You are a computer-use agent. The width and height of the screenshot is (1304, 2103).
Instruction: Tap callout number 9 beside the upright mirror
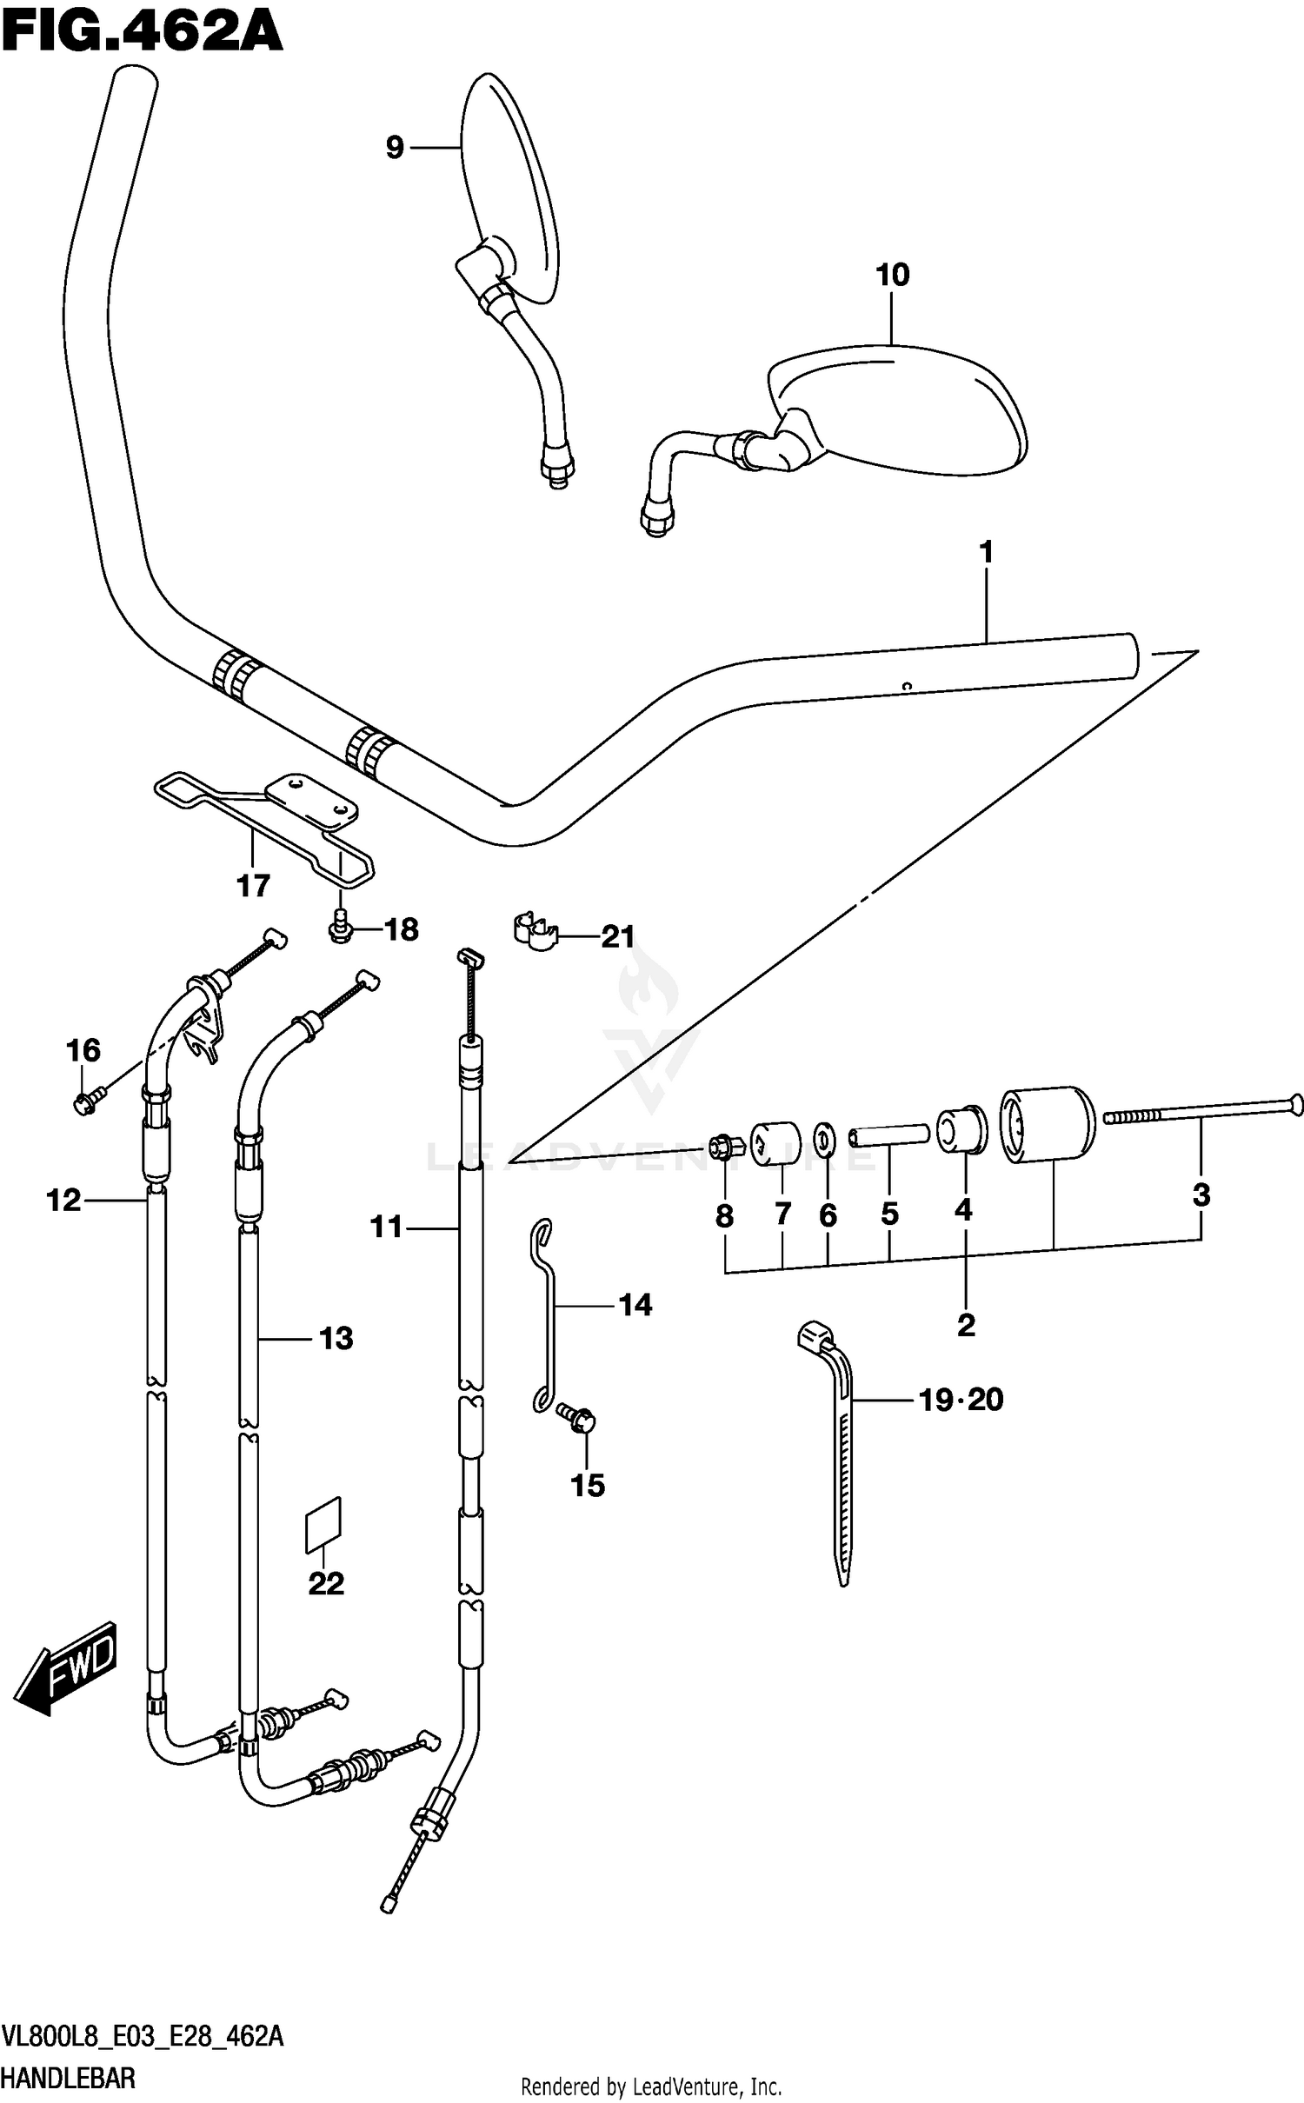click(x=395, y=148)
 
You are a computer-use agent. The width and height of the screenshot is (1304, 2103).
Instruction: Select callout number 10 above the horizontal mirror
click(x=892, y=275)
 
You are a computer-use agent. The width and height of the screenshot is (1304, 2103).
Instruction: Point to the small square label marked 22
click(x=323, y=1526)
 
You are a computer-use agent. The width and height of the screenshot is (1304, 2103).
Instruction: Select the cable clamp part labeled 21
click(x=535, y=930)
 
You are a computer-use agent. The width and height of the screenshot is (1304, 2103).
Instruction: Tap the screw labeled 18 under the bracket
click(x=341, y=928)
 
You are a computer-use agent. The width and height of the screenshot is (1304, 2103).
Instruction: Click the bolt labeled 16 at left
click(x=87, y=1101)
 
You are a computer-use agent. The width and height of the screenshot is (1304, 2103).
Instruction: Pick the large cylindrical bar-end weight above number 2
click(x=1047, y=1125)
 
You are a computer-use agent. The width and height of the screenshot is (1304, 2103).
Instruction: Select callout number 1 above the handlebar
click(x=986, y=551)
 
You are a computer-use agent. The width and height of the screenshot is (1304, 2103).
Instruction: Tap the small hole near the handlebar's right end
click(x=906, y=685)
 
